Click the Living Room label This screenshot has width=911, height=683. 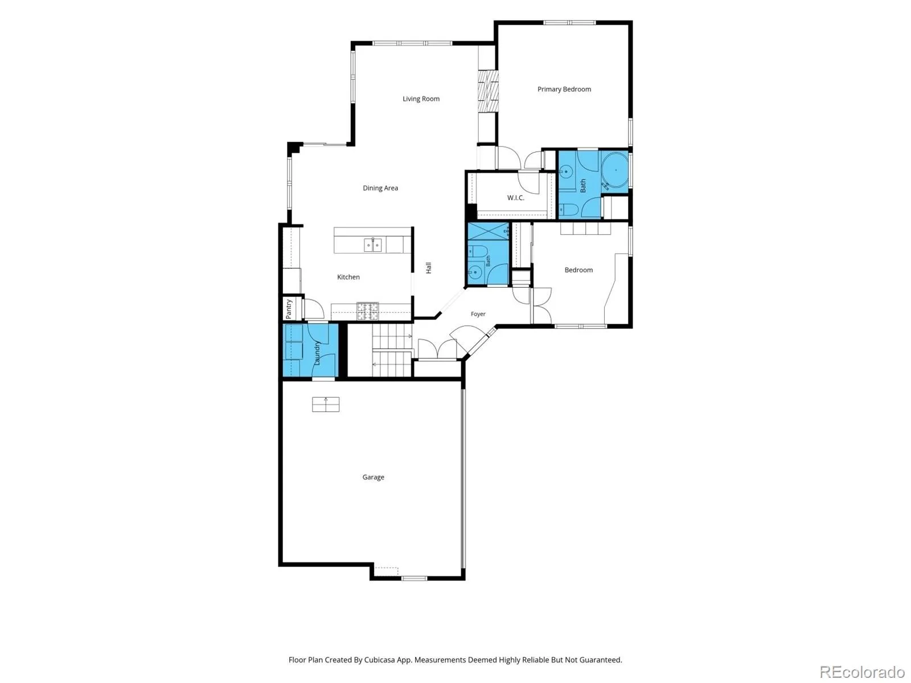click(421, 99)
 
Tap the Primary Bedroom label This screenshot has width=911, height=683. click(564, 89)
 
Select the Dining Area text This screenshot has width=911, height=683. click(380, 188)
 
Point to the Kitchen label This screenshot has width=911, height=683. click(348, 277)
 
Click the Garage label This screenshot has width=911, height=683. click(373, 477)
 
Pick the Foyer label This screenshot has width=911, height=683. click(478, 314)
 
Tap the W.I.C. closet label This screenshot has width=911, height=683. click(515, 198)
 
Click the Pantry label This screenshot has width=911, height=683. click(289, 309)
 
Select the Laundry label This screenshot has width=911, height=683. click(317, 353)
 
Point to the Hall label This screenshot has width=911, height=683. click(429, 268)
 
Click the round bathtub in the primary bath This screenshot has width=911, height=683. click(615, 170)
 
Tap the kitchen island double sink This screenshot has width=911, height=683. click(373, 245)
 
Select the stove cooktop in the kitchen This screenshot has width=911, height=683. click(368, 312)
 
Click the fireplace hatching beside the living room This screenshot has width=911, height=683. click(488, 91)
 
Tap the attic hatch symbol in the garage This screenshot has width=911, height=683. click(326, 404)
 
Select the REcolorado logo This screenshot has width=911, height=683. click(862, 672)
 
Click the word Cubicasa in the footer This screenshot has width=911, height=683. click(380, 660)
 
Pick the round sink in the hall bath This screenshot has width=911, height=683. click(474, 272)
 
